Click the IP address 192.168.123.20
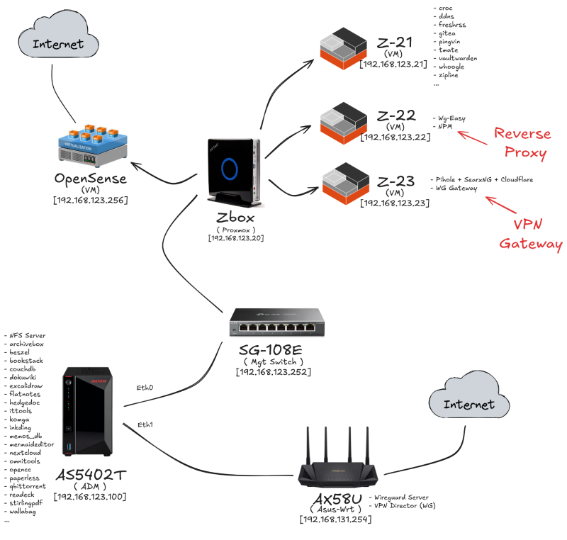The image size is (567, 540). pos(235,238)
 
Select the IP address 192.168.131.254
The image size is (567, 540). pos(336,519)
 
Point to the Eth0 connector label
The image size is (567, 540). pos(146,388)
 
